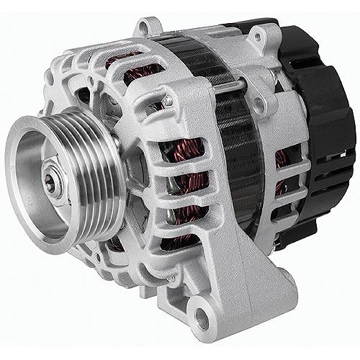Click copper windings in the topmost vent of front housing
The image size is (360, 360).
[133, 65]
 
